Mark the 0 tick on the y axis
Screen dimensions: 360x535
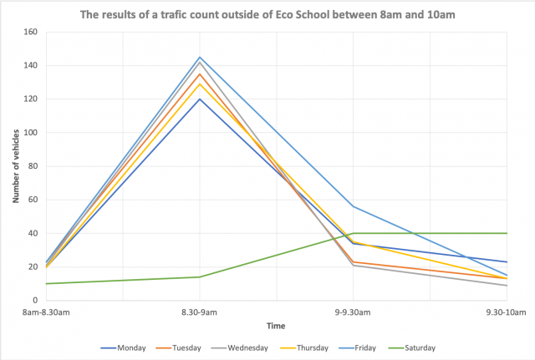click(x=36, y=300)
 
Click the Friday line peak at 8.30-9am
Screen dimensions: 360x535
click(x=200, y=57)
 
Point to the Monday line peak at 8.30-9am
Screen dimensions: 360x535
click(x=200, y=99)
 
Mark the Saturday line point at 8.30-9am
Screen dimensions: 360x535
click(x=200, y=276)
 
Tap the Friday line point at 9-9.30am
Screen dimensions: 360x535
click(x=354, y=206)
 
